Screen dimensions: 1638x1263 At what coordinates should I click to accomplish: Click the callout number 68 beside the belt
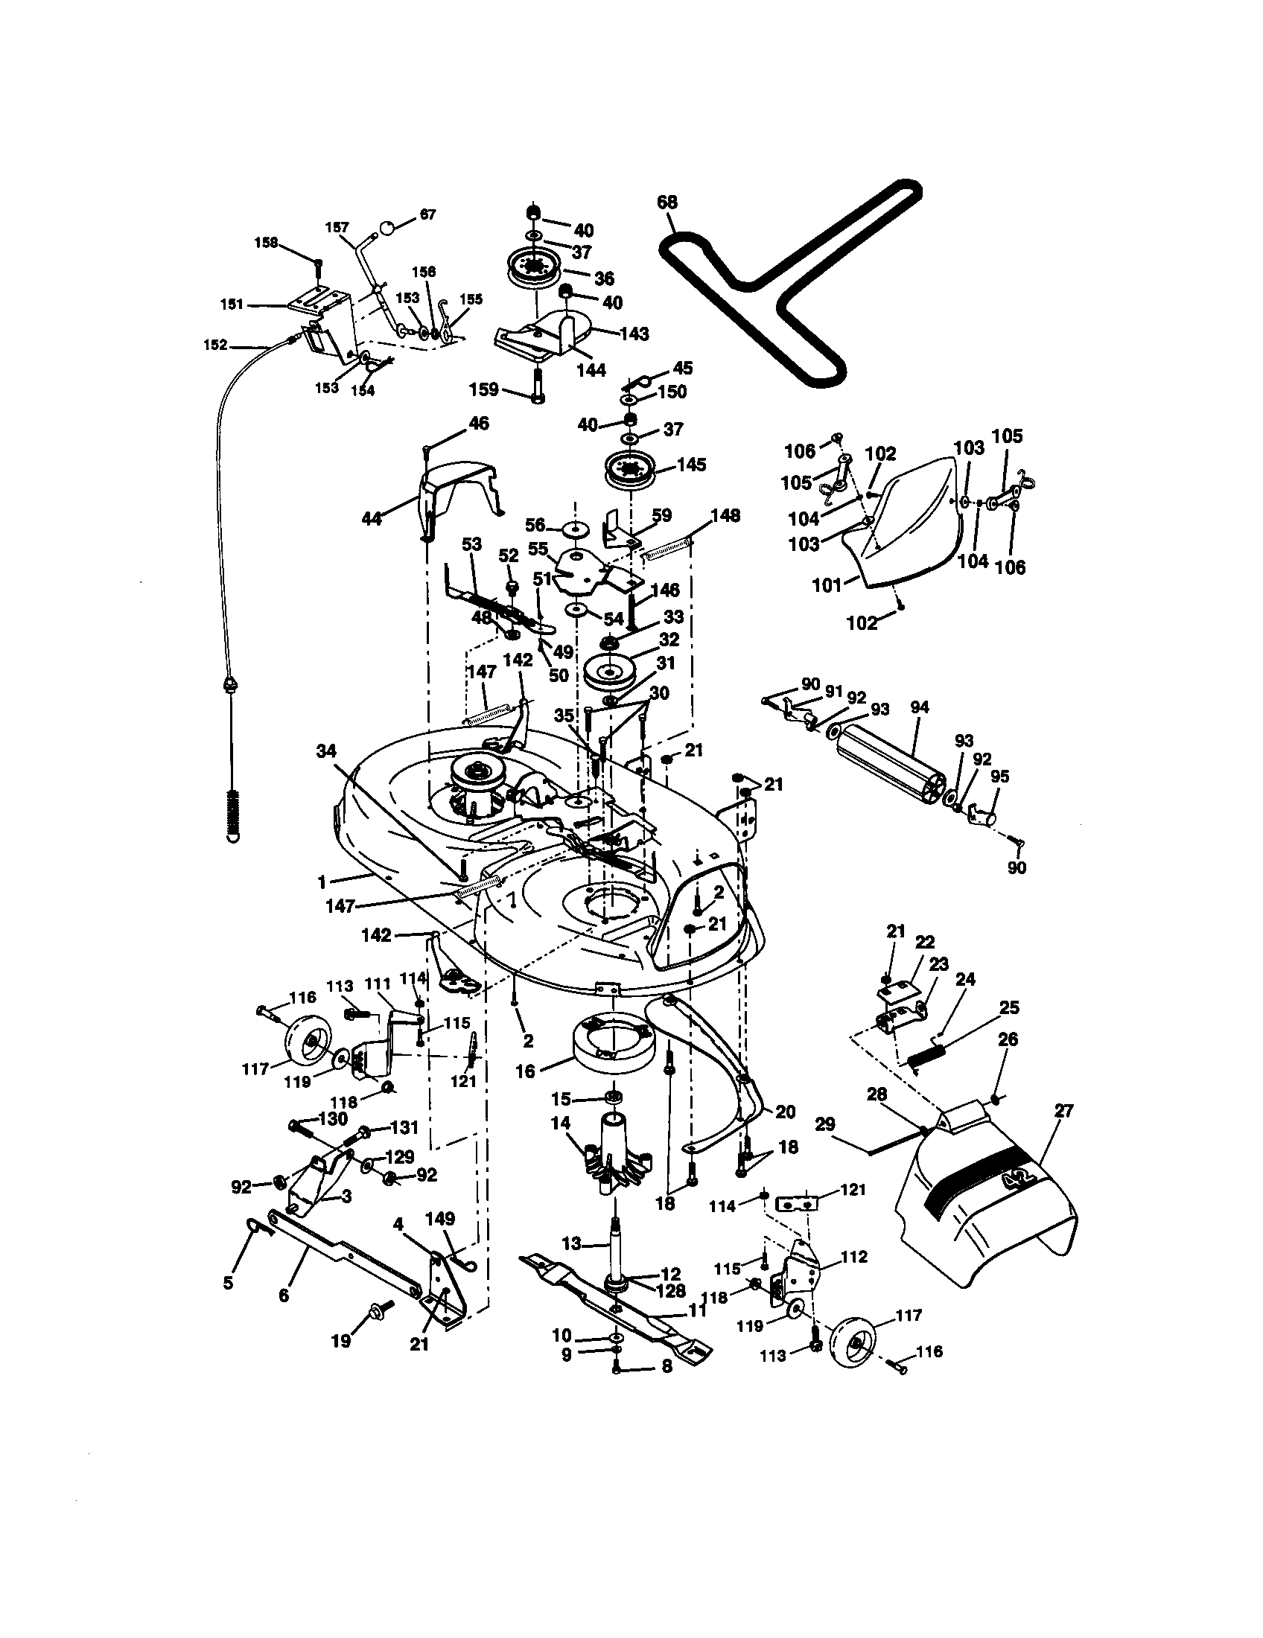[667, 203]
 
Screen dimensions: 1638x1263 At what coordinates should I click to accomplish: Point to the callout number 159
[483, 389]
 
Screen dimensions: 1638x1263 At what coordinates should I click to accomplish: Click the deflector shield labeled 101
[900, 525]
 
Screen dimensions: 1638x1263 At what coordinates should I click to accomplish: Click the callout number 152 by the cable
[215, 345]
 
